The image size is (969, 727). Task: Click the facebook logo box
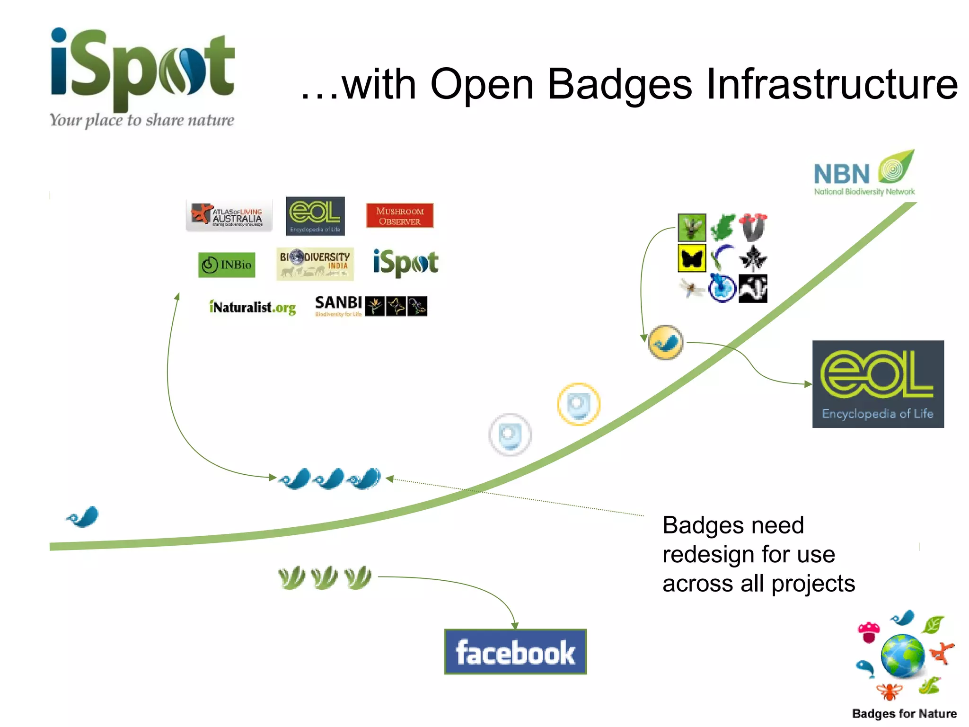pos(515,652)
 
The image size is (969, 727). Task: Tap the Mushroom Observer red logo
pos(399,216)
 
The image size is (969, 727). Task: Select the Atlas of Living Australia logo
pos(229,216)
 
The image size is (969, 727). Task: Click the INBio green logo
pos(227,265)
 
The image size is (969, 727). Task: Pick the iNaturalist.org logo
pos(252,307)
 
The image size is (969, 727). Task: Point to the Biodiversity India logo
pos(315,264)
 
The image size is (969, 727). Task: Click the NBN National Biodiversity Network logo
pos(864,174)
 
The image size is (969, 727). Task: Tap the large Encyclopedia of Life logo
pos(878,384)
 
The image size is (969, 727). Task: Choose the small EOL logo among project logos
pos(315,216)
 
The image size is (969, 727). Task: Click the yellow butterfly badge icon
pos(692,258)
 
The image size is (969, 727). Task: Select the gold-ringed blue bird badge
pos(666,342)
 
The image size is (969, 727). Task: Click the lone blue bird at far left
pos(83,517)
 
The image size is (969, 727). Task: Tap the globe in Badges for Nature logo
pos(902,656)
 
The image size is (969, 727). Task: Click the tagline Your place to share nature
pos(142,120)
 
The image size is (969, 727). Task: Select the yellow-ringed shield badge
pos(578,404)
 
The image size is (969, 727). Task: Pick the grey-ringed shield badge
pos(510,434)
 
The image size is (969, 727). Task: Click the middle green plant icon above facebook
pos(325,577)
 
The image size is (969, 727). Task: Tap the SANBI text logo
pos(338,303)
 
